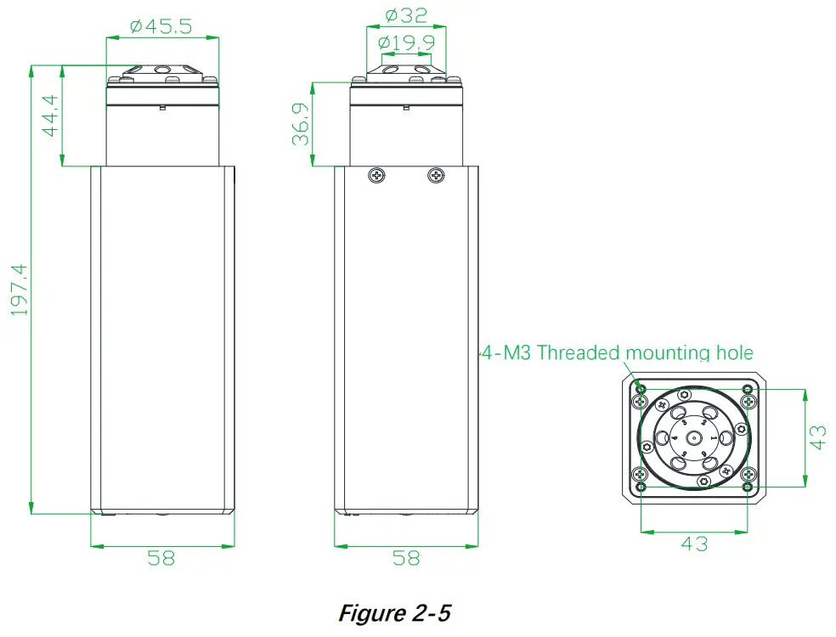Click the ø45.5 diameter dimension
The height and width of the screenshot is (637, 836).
pyautogui.click(x=161, y=26)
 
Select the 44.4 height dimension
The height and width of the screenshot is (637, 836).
pyautogui.click(x=49, y=116)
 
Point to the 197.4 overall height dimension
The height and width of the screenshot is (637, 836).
pyautogui.click(x=20, y=290)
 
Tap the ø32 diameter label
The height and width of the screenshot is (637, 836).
pyautogui.click(x=407, y=15)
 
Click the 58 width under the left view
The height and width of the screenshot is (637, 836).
pyautogui.click(x=161, y=557)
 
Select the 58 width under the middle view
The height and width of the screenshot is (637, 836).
pyautogui.click(x=406, y=557)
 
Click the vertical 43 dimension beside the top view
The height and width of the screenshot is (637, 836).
pyautogui.click(x=817, y=437)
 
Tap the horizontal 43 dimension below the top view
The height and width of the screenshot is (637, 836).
pyautogui.click(x=694, y=543)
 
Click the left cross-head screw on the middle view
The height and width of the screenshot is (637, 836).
pyautogui.click(x=376, y=175)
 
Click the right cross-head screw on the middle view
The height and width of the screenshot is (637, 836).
pyautogui.click(x=437, y=175)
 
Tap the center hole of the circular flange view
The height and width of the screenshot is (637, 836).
pyautogui.click(x=694, y=437)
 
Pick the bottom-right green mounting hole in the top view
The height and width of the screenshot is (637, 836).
pyautogui.click(x=747, y=487)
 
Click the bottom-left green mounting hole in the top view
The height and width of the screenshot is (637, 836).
pyautogui.click(x=641, y=487)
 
